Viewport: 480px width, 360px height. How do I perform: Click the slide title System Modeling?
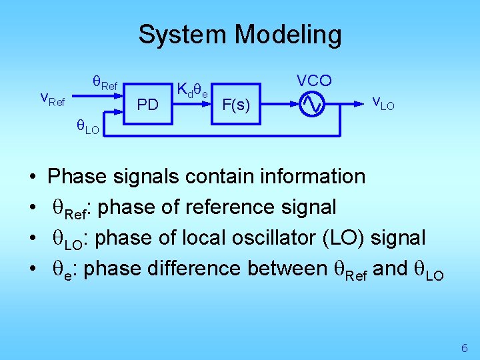click(x=239, y=35)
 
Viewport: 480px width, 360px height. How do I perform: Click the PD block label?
click(x=147, y=105)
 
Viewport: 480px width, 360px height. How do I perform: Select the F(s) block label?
click(x=236, y=105)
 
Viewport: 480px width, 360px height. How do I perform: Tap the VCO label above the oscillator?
click(x=314, y=81)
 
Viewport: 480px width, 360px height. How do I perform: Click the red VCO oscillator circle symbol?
click(x=312, y=104)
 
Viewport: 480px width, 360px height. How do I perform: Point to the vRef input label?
click(x=53, y=99)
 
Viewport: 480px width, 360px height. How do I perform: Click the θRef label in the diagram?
click(x=105, y=83)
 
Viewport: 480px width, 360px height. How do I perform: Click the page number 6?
click(x=464, y=348)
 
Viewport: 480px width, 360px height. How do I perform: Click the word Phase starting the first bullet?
click(x=77, y=176)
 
